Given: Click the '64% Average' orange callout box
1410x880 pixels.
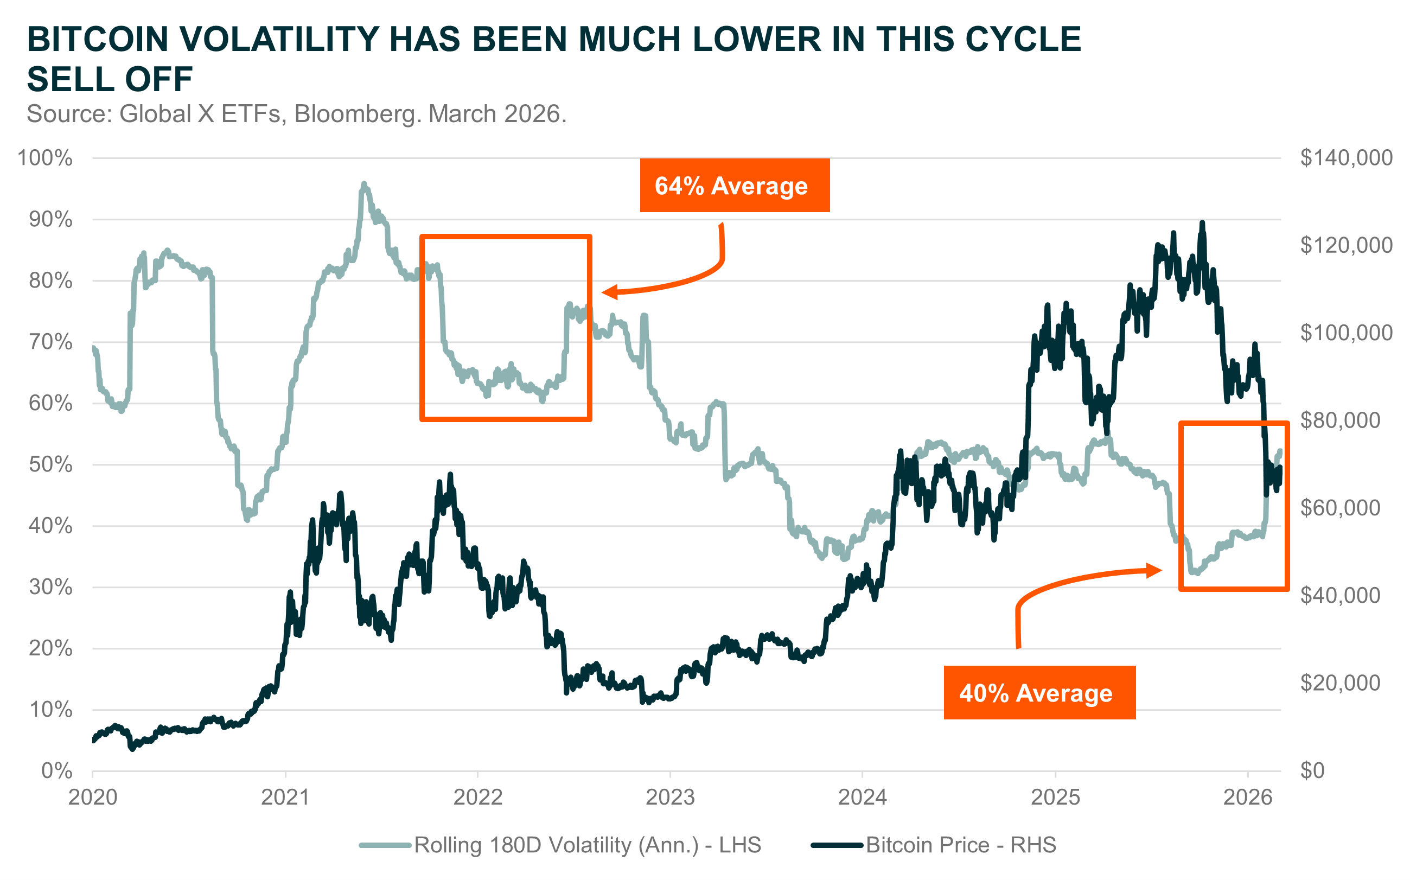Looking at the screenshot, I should pos(735,185).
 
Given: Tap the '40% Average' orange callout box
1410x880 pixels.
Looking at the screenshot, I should pos(1039,693).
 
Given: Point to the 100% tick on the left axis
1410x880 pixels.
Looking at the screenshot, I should pos(46,158).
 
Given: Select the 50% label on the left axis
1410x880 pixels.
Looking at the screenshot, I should pos(50,464).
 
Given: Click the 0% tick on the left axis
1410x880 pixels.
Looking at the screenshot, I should pos(56,770).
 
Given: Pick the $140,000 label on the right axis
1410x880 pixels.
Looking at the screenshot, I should pos(1346,158).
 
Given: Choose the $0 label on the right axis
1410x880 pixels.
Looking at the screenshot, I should pos(1312,770).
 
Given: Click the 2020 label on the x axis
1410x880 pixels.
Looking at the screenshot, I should pos(93,797).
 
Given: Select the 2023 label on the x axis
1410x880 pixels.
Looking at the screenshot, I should pos(671,797).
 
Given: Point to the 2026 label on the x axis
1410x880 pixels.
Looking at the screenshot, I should pos(1248,797).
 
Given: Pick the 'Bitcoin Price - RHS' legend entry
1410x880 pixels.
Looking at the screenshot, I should pos(960,845).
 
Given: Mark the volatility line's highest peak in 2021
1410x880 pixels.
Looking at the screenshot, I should pos(364,184).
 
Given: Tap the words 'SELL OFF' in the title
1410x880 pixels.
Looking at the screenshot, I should pos(110,79).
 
